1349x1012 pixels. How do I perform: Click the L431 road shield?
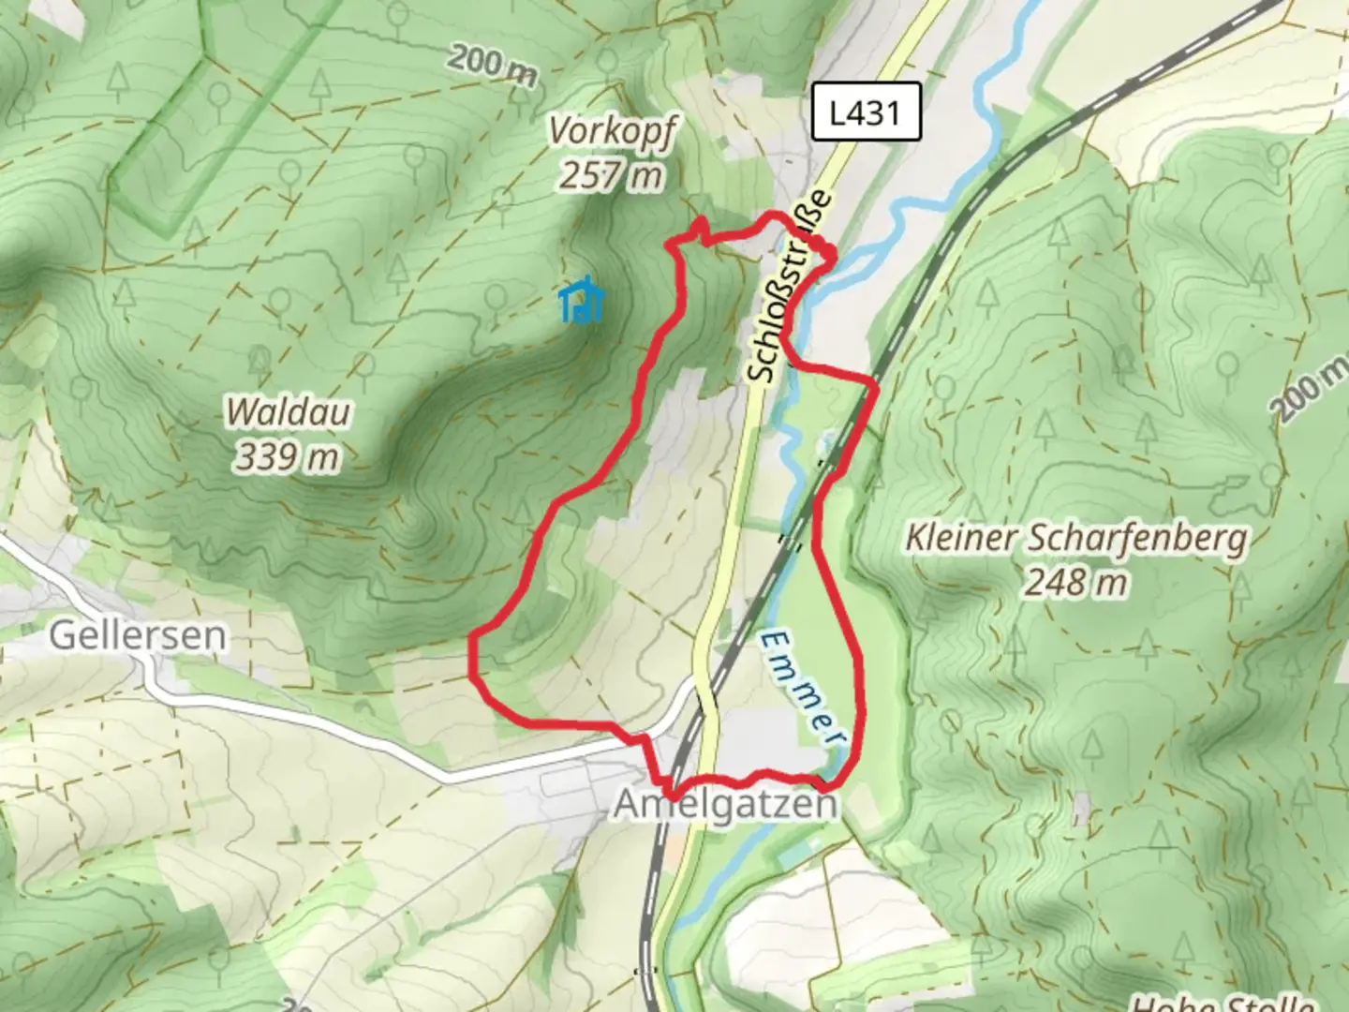tap(866, 112)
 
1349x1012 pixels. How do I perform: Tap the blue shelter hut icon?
tap(582, 302)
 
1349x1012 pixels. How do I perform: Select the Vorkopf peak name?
tap(612, 132)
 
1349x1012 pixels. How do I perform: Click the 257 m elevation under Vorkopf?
tap(612, 175)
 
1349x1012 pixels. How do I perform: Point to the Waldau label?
tap(288, 412)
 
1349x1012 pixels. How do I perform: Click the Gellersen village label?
tap(138, 635)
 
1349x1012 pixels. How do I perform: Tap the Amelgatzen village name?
tap(725, 804)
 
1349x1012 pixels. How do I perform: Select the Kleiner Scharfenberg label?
tap(1076, 539)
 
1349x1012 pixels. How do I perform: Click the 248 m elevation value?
tap(1076, 583)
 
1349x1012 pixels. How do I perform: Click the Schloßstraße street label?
tap(790, 287)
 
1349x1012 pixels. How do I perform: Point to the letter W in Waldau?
tap(240, 412)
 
